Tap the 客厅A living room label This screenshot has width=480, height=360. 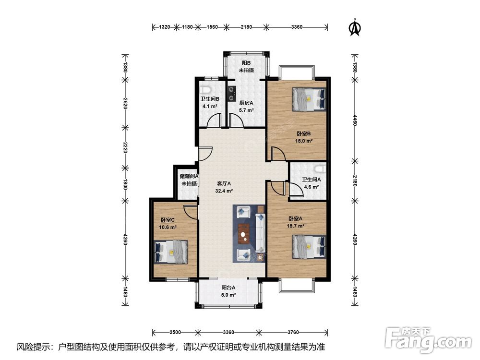224,184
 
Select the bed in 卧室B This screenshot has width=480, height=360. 309,99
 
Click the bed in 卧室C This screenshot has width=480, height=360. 170,252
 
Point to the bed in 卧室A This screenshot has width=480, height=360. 309,246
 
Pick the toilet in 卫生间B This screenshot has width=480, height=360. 205,90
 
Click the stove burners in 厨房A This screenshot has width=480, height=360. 232,93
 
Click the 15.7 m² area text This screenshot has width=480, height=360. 295,226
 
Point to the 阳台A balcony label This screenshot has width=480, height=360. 228,288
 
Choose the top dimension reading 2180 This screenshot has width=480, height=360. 246,27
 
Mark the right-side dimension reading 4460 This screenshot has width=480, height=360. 355,120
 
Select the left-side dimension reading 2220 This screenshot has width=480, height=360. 125,147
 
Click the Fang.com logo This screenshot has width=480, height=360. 428,339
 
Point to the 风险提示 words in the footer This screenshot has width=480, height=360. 30,347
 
